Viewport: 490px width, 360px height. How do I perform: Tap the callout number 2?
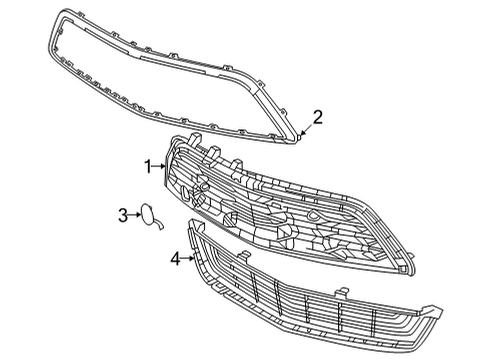click(x=317, y=118)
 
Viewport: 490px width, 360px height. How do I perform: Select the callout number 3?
click(x=123, y=214)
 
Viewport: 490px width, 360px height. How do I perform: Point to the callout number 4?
click(x=175, y=258)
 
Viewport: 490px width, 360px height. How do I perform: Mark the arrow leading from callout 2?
click(x=304, y=131)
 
